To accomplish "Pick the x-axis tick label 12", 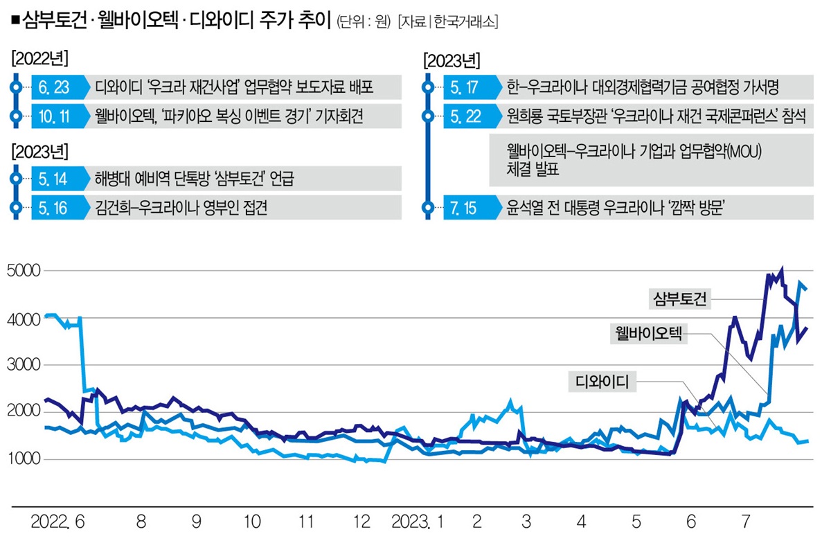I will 360,522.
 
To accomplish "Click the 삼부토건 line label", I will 680,299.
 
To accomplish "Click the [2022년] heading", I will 39,57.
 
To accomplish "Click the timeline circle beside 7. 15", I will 428,207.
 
